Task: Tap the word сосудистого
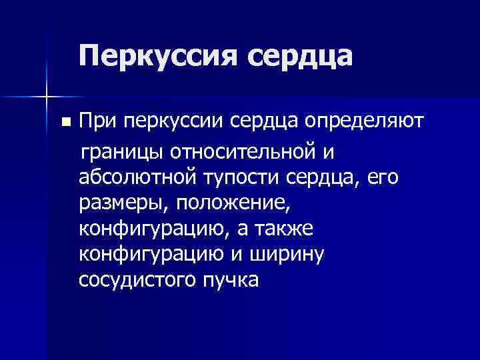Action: coord(138,279)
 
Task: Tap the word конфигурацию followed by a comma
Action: coord(153,229)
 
